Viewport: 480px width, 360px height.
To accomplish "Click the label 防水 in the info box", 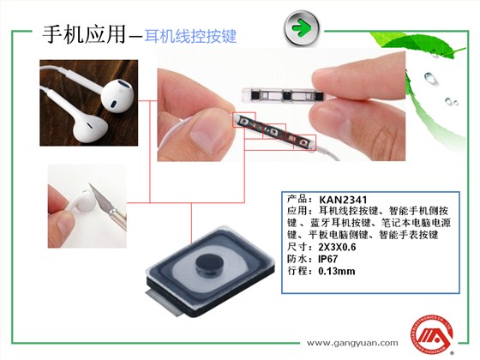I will (x=295, y=259).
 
